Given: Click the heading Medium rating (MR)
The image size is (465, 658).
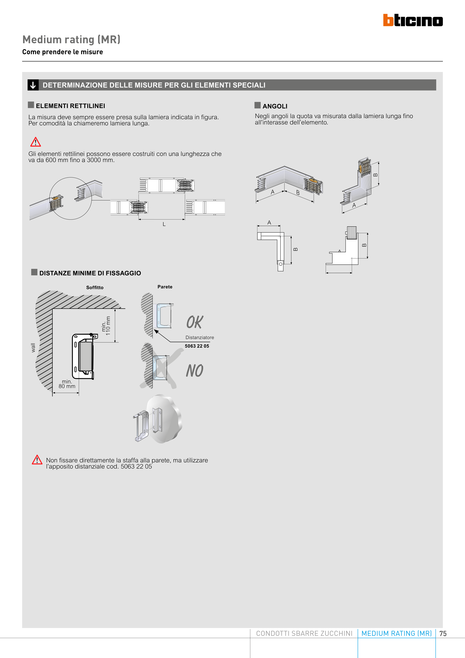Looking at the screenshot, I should click(x=71, y=39).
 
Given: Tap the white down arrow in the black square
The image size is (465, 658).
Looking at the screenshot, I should click(x=33, y=85).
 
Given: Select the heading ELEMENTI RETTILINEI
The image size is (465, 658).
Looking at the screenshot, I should click(x=70, y=106).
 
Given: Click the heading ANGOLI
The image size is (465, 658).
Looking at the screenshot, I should click(x=275, y=106).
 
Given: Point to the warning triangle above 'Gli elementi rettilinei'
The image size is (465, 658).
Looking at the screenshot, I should click(x=36, y=142).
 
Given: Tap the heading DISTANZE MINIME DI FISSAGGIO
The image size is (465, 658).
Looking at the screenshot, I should click(x=90, y=273).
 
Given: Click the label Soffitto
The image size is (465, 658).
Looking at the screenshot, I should click(x=95, y=287).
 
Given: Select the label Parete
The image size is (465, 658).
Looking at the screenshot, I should click(x=165, y=287).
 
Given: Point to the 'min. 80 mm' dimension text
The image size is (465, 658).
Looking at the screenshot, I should click(x=67, y=384).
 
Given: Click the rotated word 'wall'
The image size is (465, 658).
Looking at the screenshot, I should click(x=33, y=348).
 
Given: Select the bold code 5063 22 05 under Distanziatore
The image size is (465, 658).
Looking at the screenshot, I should click(x=197, y=346).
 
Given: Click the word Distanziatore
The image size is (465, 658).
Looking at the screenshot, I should click(x=200, y=338).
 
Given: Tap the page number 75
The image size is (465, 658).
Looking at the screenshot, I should click(x=443, y=634).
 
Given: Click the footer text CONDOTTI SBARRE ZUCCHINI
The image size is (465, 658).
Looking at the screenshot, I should click(x=304, y=633).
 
